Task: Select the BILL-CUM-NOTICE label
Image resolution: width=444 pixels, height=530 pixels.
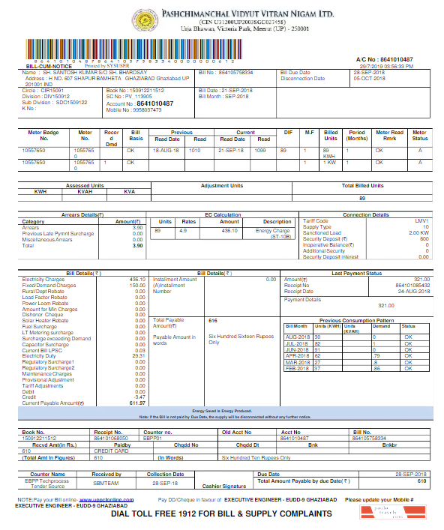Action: coord(42,66)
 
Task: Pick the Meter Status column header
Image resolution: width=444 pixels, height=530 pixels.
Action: coord(419,135)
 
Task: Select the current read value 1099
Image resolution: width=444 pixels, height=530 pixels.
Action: coord(260,150)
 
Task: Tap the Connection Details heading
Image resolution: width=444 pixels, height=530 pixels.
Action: coord(366,215)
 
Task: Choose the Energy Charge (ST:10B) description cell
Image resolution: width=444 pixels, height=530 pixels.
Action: coord(274,232)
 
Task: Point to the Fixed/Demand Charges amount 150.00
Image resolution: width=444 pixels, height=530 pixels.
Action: coord(137,285)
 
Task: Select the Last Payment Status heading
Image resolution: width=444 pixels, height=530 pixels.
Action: coord(356,274)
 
